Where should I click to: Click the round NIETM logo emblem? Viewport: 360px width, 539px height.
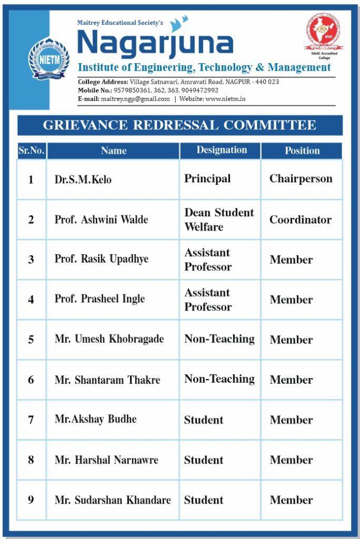[48, 58]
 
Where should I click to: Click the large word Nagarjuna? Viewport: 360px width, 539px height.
[155, 44]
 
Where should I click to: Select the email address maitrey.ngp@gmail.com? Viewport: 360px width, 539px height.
[135, 99]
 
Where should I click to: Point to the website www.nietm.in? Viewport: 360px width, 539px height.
[225, 99]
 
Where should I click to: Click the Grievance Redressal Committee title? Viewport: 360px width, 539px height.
[179, 125]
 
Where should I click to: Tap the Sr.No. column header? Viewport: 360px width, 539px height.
[32, 151]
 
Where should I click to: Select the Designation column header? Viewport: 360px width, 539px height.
[222, 150]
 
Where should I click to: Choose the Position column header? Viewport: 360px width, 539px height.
[302, 151]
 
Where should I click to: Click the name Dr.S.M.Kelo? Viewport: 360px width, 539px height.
[83, 179]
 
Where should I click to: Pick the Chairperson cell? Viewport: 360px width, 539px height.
[301, 178]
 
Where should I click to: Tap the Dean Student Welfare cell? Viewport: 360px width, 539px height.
[219, 219]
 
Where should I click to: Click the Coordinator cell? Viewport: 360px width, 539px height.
[301, 219]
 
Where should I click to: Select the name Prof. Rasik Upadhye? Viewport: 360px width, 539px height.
[102, 259]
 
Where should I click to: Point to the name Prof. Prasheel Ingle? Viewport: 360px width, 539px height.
[99, 299]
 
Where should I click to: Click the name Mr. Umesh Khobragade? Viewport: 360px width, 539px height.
[109, 339]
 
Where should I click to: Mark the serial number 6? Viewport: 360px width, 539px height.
[31, 380]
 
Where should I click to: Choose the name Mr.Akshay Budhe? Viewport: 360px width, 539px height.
[96, 420]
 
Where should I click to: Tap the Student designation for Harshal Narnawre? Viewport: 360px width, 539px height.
[204, 460]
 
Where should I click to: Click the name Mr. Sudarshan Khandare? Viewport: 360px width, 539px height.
[113, 500]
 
